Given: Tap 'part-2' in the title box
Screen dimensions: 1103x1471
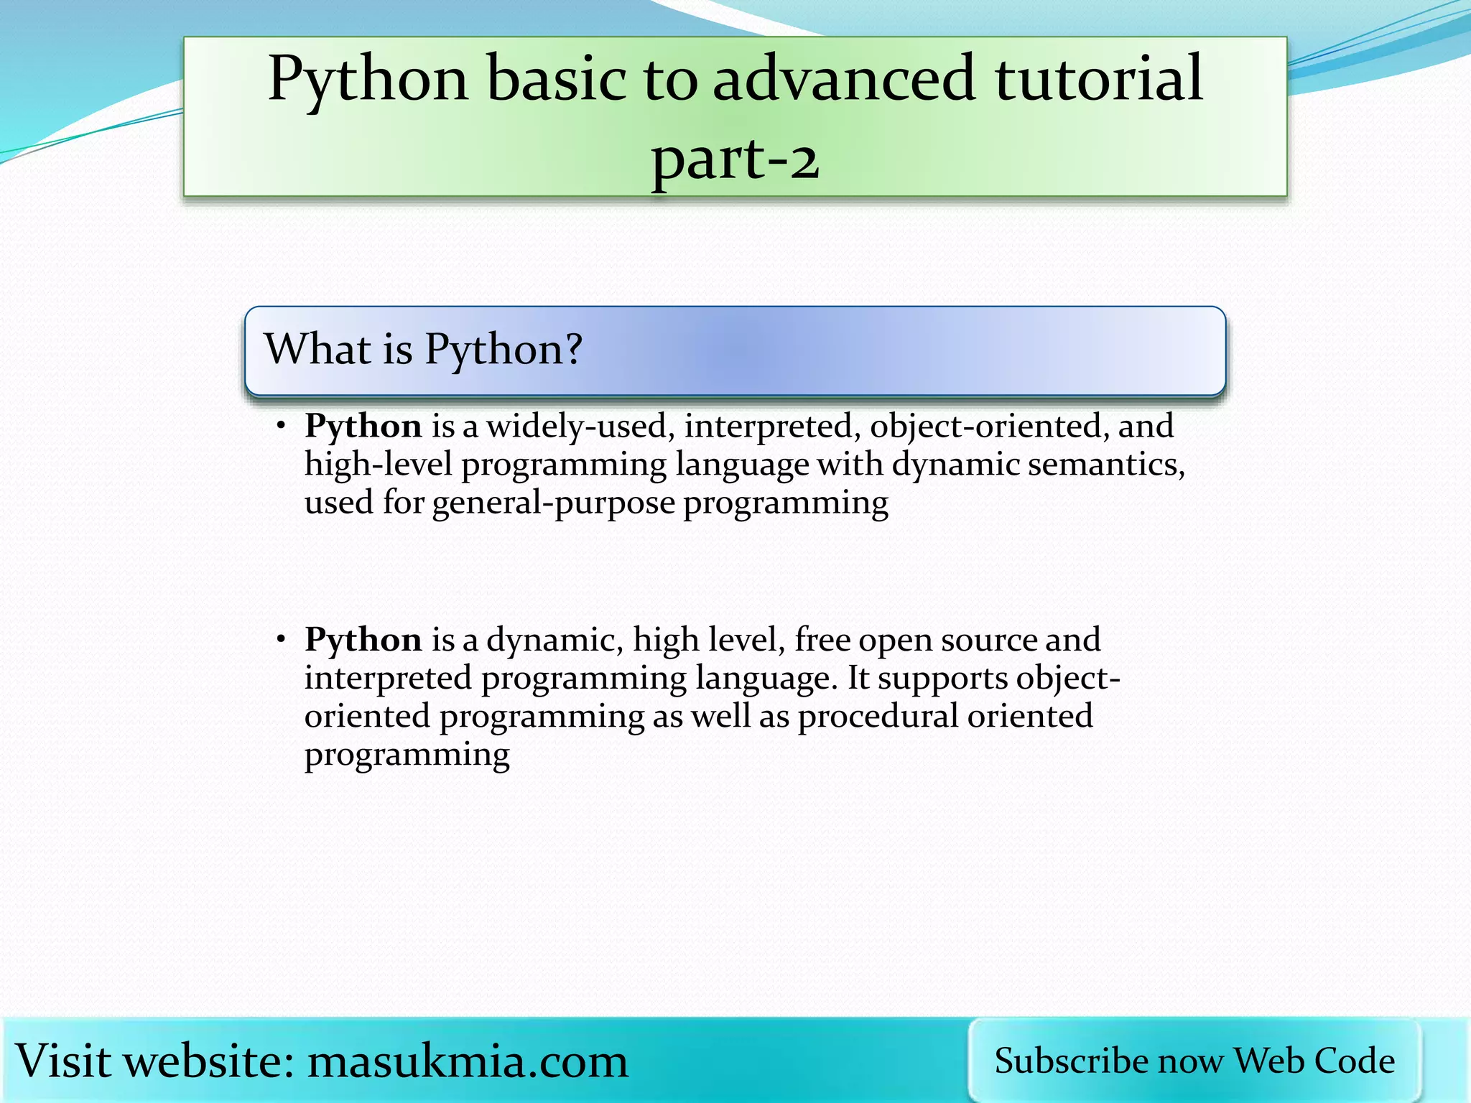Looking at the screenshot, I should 735,159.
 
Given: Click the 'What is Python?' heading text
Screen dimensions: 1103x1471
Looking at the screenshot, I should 423,350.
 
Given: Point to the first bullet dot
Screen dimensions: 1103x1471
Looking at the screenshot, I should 282,427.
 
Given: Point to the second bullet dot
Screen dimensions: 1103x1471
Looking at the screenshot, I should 282,639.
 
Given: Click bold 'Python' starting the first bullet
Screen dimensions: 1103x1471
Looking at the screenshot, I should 363,427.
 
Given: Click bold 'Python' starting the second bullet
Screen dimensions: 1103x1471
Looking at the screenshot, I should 363,640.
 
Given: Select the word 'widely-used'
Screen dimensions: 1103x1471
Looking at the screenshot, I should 580,427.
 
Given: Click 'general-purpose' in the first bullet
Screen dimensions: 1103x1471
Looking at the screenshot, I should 553,503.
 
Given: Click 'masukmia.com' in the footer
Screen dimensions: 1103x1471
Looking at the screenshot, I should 468,1061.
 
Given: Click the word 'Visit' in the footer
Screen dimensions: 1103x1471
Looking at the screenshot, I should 64,1061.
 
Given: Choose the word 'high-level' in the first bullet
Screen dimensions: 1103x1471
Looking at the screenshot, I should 379,465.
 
